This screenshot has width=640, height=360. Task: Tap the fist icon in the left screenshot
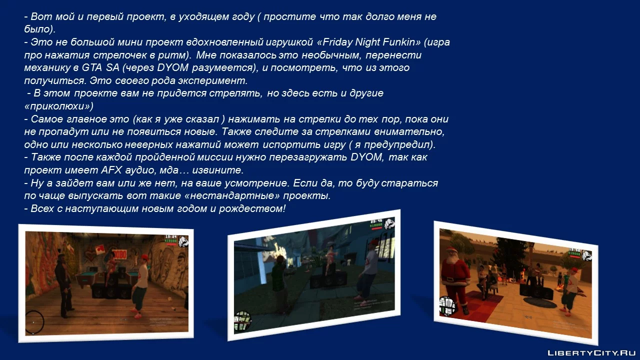pos(183,241)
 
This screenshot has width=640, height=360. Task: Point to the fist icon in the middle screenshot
pos(389,223)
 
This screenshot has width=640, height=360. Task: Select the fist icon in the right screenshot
pos(586,255)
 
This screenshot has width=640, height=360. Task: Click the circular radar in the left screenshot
pos(34,322)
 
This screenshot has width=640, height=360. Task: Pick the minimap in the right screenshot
pos(447,306)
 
